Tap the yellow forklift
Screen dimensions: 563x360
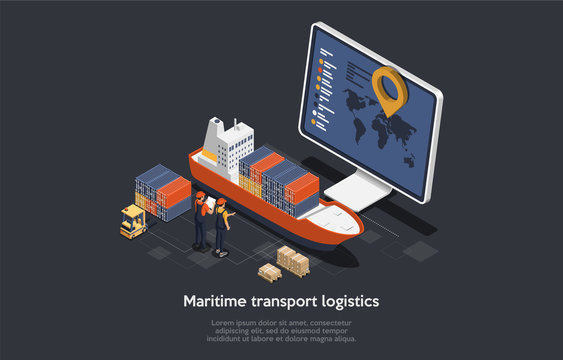coord(132,222)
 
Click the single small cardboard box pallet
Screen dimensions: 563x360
coord(269,271)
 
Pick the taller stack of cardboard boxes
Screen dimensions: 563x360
coord(294,259)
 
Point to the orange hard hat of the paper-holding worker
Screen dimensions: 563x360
coord(200,194)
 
